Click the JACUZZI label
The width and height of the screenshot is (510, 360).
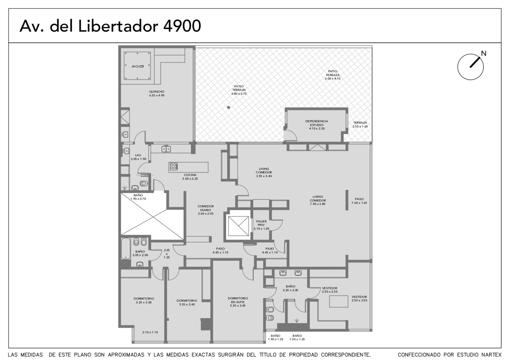pyautogui.click(x=137, y=67)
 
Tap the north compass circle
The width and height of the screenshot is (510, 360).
pyautogui.click(x=470, y=67)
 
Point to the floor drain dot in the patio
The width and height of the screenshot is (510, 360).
pyautogui.click(x=228, y=107)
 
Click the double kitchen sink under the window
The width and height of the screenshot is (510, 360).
pyautogui.click(x=166, y=149)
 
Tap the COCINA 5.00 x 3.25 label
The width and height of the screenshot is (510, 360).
pyautogui.click(x=190, y=177)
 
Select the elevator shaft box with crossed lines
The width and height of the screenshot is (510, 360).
pyautogui.click(x=239, y=226)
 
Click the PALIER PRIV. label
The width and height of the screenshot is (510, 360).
pyautogui.click(x=261, y=223)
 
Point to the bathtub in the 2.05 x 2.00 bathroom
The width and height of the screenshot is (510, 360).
pyautogui.click(x=126, y=248)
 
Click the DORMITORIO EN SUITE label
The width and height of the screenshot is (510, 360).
pyautogui.click(x=238, y=300)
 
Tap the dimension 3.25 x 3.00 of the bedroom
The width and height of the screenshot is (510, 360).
pyautogui.click(x=144, y=302)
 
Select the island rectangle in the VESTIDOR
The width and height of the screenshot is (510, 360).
pyautogui.click(x=339, y=301)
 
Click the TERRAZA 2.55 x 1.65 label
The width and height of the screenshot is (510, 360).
pyautogui.click(x=360, y=125)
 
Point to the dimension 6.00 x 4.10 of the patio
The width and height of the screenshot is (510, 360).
pyautogui.click(x=333, y=79)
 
